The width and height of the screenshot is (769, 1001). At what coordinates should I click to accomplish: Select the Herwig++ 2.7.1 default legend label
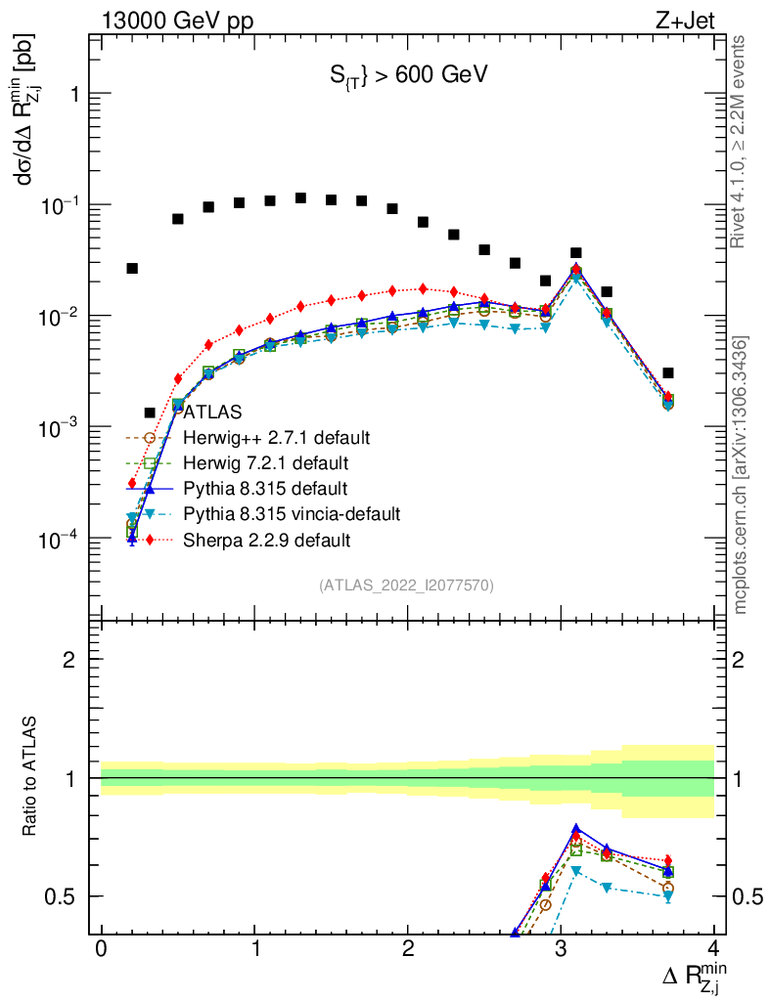pyautogui.click(x=276, y=437)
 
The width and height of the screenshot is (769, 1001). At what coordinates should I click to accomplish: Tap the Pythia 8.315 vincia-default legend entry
pyautogui.click(x=292, y=513)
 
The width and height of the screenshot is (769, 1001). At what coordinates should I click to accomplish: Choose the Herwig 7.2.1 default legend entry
pyautogui.click(x=266, y=462)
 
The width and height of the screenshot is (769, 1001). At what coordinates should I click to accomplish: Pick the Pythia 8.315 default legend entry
pyautogui.click(x=265, y=488)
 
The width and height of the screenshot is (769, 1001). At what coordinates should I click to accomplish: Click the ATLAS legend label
pyautogui.click(x=212, y=412)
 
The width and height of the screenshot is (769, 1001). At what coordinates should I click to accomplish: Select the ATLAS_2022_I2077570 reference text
pyautogui.click(x=406, y=586)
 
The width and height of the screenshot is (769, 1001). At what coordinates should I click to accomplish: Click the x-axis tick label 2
pyautogui.click(x=407, y=951)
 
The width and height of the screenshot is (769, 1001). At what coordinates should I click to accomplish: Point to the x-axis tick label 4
pyautogui.click(x=713, y=951)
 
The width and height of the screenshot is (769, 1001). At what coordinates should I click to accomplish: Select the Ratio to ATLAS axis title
pyautogui.click(x=32, y=778)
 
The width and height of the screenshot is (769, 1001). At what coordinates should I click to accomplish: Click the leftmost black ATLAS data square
pyautogui.click(x=132, y=268)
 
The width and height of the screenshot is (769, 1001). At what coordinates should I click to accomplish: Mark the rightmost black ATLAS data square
pyautogui.click(x=667, y=372)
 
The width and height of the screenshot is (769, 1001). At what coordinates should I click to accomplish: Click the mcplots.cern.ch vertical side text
pyautogui.click(x=741, y=475)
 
